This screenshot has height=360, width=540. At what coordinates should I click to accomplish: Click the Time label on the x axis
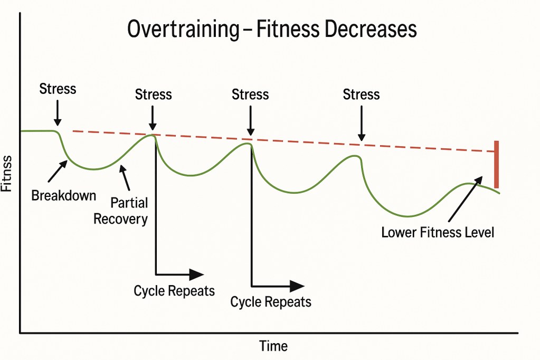273,346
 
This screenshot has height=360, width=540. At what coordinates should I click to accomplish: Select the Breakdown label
64,195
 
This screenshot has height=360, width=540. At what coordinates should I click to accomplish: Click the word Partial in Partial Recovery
129,203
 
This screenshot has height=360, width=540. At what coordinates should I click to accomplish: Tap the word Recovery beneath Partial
120,219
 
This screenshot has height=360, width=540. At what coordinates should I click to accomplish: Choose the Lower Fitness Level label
438,232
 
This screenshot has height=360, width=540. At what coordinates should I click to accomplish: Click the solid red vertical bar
496,164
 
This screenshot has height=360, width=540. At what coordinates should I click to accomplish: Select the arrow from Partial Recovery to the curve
125,178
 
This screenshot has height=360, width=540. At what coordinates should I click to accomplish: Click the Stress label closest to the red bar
361,94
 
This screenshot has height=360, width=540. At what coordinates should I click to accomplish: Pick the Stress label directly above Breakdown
58,88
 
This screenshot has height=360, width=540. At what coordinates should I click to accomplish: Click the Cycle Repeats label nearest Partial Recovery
174,291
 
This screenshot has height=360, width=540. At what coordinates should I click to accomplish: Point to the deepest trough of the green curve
407,216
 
